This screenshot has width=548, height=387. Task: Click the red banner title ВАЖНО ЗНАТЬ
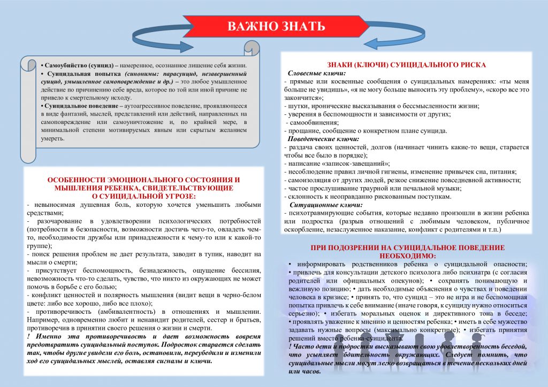(x=276, y=27)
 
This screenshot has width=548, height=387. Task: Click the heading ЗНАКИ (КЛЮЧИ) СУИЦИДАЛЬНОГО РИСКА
(x=406, y=65)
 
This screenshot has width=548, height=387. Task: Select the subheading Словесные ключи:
(x=316, y=73)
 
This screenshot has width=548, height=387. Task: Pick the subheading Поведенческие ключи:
(x=323, y=139)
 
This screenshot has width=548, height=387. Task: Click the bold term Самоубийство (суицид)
(x=78, y=65)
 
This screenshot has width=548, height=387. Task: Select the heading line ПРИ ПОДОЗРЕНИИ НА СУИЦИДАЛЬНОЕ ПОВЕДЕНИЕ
(x=407, y=247)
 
